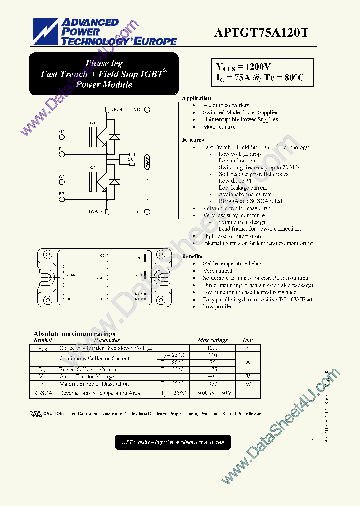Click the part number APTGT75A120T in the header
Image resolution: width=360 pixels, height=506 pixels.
click(x=261, y=33)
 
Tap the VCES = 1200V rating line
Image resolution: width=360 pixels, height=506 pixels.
click(x=244, y=67)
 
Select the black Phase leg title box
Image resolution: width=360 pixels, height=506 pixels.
click(x=104, y=74)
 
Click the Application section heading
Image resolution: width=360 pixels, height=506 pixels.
click(x=196, y=98)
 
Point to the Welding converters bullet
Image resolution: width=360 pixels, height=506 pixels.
click(x=226, y=106)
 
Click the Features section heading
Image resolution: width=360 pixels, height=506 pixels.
click(x=193, y=140)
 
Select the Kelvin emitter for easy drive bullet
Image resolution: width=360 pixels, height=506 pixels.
click(x=237, y=208)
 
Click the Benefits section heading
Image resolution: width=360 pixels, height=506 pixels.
click(x=192, y=256)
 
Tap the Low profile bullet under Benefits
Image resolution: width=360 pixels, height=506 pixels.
click(x=217, y=306)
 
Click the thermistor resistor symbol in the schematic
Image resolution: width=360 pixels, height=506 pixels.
click(x=147, y=161)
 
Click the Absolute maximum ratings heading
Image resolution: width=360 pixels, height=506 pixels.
click(x=74, y=334)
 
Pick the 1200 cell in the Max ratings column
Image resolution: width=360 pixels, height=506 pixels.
click(x=213, y=348)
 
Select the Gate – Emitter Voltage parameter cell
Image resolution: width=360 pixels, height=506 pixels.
click(x=87, y=376)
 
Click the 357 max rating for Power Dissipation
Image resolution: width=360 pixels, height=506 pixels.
click(x=213, y=384)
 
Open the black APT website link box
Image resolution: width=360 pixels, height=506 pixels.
click(x=173, y=442)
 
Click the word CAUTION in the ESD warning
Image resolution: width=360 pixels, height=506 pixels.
click(x=53, y=414)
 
